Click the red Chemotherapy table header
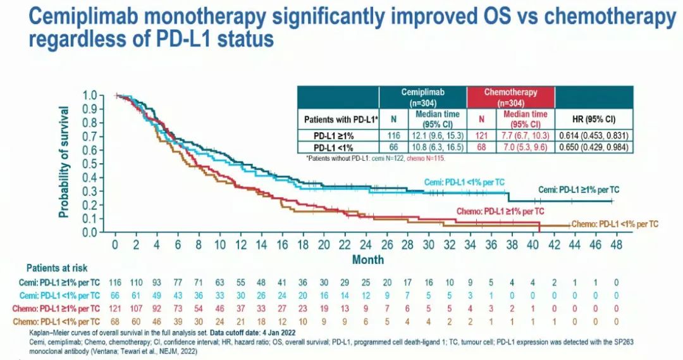(511, 97)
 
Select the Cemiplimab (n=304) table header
(423, 97)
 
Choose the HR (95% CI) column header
(594, 118)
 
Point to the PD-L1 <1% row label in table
(337, 146)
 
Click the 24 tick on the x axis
(365, 244)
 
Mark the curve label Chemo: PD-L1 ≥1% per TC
(500, 211)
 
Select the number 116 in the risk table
(115, 281)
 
